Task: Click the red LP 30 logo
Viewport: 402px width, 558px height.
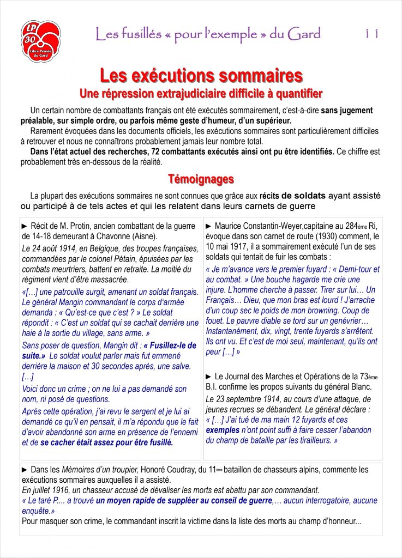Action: click(x=41, y=41)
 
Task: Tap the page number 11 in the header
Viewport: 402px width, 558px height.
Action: click(x=372, y=34)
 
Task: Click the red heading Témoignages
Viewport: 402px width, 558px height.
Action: click(x=201, y=179)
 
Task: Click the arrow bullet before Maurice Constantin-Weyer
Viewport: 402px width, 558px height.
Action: click(x=209, y=226)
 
